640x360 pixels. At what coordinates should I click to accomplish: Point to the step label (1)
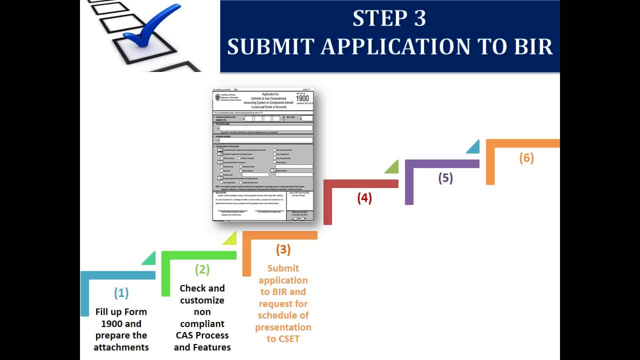[x=121, y=292]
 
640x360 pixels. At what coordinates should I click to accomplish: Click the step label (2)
[x=202, y=269]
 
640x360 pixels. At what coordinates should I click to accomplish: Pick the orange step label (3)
[x=283, y=249]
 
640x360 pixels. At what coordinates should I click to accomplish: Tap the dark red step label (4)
[x=364, y=198]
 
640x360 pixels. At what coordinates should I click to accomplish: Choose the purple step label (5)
[x=445, y=178]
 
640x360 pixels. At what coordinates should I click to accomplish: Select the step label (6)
[x=526, y=158]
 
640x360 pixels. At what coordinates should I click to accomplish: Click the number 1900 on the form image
[x=302, y=98]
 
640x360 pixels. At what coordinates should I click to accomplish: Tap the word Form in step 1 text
[x=135, y=311]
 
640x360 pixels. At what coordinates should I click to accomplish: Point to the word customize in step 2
[x=202, y=300]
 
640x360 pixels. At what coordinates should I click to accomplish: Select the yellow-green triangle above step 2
[x=230, y=238]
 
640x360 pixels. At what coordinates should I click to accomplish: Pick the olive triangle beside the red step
[x=392, y=167]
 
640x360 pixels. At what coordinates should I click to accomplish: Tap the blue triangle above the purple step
[x=473, y=147]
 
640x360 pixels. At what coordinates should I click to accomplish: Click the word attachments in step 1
[x=121, y=347]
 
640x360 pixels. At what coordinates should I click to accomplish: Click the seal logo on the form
[x=217, y=96]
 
